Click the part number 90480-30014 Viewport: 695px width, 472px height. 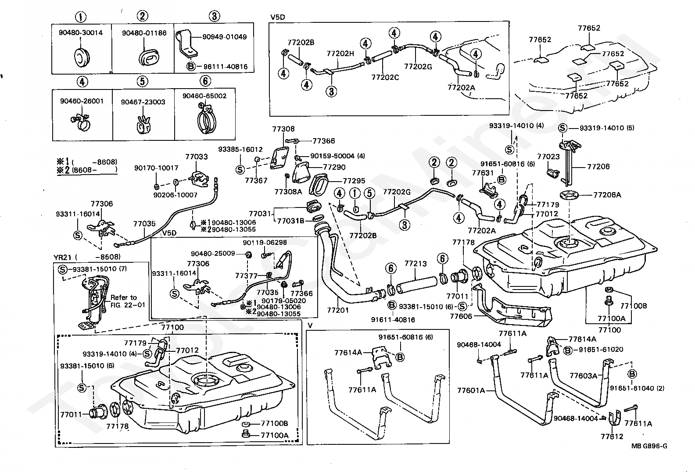(81, 32)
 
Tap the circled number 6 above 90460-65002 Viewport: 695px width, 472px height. (205, 81)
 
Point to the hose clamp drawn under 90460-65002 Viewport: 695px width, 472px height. (206, 119)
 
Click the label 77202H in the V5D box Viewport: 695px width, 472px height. (340, 54)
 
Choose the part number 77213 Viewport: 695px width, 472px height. (416, 264)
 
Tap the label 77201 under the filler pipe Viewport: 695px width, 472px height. (338, 310)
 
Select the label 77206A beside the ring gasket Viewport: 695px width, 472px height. (607, 195)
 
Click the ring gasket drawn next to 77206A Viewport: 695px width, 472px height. (570, 195)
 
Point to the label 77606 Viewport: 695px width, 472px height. (461, 316)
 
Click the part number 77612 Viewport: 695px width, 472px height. (612, 436)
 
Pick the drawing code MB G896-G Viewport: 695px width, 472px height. (649, 446)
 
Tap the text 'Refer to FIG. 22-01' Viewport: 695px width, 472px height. (128, 301)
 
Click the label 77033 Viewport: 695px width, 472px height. (197, 157)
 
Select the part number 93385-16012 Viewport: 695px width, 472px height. (240, 149)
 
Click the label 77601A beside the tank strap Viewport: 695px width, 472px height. (471, 390)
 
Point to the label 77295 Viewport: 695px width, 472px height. (354, 180)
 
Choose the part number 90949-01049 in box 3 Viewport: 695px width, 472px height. (225, 36)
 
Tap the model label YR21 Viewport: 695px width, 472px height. (63, 257)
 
